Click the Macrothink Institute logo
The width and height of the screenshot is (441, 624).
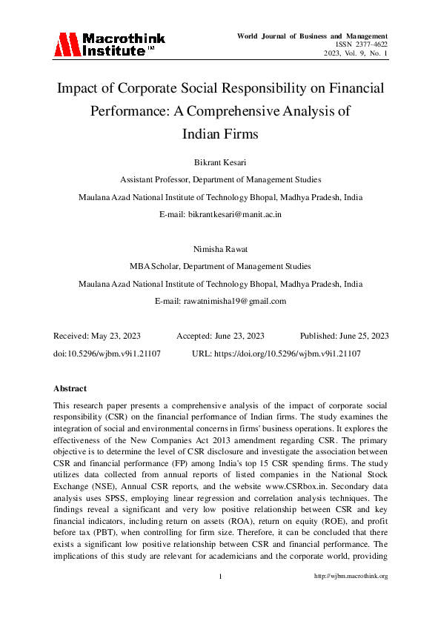coord(109,44)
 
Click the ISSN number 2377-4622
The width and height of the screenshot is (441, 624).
coord(368,44)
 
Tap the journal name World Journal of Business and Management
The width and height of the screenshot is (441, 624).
coord(312,35)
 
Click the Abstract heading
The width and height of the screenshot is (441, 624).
coord(70,388)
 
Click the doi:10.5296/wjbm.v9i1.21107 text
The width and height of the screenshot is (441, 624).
coord(107,354)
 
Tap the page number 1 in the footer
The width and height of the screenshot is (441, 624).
coord(221,576)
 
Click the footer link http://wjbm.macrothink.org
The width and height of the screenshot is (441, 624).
coord(351,576)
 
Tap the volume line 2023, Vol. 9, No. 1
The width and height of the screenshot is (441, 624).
coord(356,53)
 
